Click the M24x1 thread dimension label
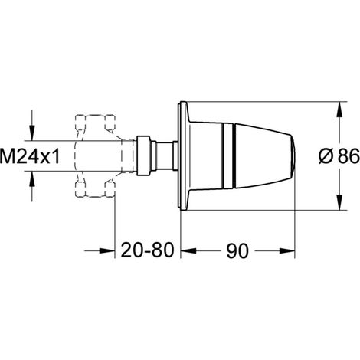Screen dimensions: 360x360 pos(30,156)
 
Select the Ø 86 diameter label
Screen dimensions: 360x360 pos(339,156)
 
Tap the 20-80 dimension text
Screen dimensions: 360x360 pos(147,250)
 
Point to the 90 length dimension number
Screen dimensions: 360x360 pos(237,250)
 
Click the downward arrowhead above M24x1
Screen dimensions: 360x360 pos(32,133)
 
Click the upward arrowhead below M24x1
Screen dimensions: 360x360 pos(32,179)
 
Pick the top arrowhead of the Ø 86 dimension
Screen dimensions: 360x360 pos(339,110)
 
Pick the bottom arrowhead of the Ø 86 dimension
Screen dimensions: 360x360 pos(339,202)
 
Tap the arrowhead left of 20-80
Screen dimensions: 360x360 pos(106,250)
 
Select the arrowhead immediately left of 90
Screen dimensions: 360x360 pos(188,250)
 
